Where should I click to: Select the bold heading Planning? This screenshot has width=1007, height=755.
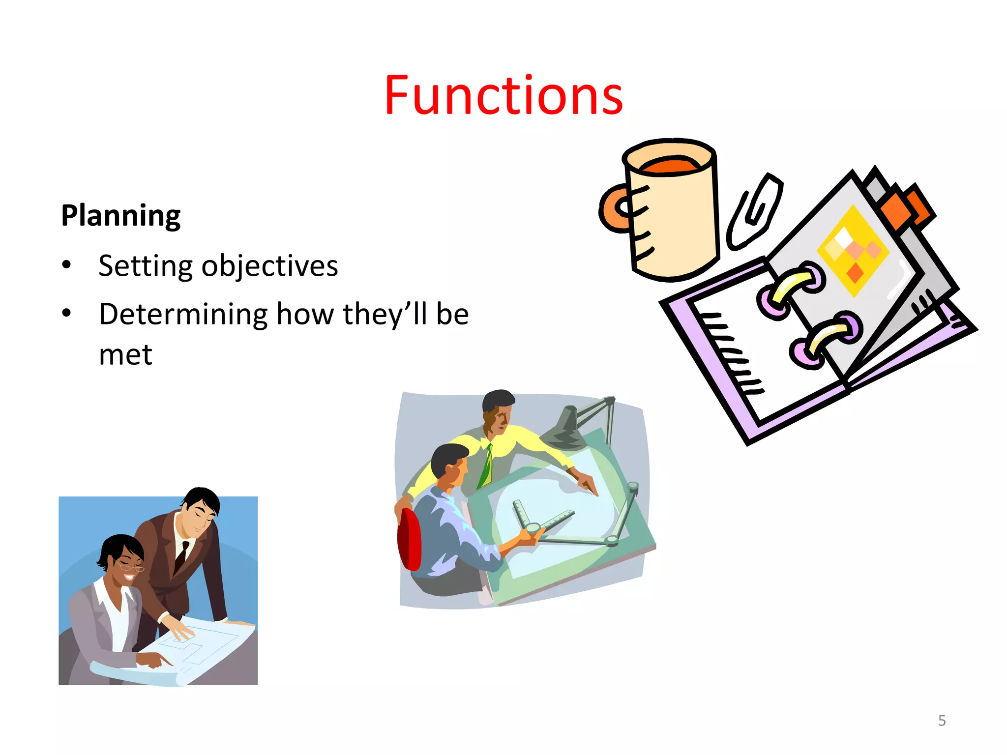[x=120, y=216]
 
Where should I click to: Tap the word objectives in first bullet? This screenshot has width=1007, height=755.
[x=269, y=266]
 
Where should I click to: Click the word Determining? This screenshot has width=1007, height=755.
[x=183, y=315]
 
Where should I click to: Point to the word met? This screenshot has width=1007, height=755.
[x=125, y=355]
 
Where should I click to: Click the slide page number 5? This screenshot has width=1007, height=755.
[x=942, y=721]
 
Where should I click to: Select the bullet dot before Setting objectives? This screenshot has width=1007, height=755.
[x=67, y=266]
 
